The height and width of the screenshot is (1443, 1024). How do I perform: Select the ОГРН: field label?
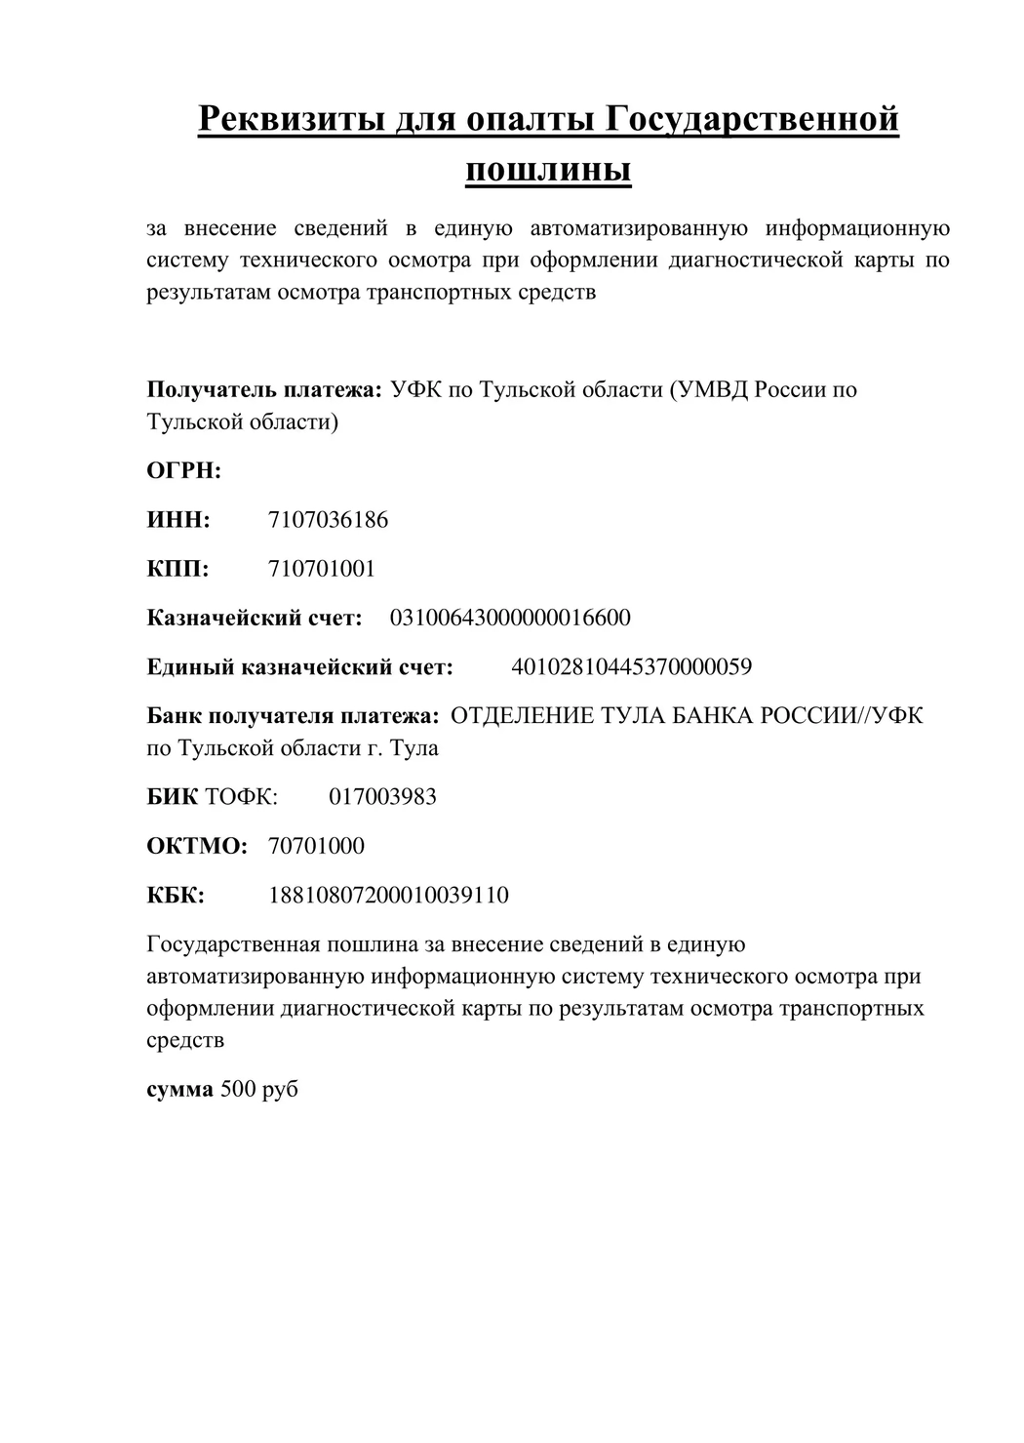pyautogui.click(x=184, y=471)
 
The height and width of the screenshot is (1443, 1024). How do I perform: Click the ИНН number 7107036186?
pyautogui.click(x=328, y=520)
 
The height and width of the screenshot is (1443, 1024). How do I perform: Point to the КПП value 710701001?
pyautogui.click(x=321, y=569)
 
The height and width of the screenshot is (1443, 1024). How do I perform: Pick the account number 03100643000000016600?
pyautogui.click(x=510, y=618)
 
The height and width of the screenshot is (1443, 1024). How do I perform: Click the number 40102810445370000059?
pyautogui.click(x=631, y=667)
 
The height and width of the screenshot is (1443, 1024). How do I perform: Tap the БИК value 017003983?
pyautogui.click(x=382, y=797)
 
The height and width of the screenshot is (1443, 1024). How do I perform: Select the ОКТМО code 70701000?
pyautogui.click(x=316, y=846)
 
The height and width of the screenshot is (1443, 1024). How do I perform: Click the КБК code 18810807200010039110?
pyautogui.click(x=388, y=896)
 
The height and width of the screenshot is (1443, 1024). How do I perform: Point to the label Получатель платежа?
pyautogui.click(x=263, y=390)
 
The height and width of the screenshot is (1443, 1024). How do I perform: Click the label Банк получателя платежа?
pyautogui.click(x=293, y=716)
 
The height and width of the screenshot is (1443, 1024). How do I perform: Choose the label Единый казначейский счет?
pyautogui.click(x=299, y=667)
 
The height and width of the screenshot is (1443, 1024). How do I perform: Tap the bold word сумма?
pyautogui.click(x=179, y=1089)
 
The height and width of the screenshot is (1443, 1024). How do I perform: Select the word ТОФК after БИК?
pyautogui.click(x=241, y=797)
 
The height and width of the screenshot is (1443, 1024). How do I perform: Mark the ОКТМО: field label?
pyautogui.click(x=197, y=846)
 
